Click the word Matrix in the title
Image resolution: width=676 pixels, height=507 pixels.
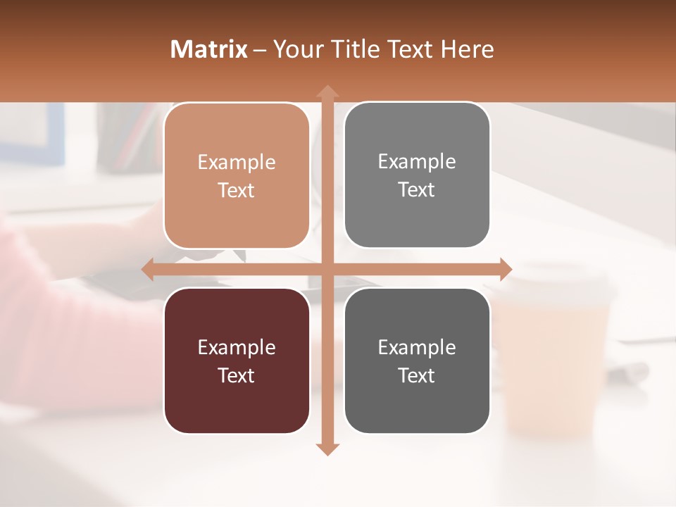pyautogui.click(x=208, y=49)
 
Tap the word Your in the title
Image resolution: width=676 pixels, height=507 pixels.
pyautogui.click(x=296, y=49)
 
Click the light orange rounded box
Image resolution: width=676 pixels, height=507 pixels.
pyautogui.click(x=237, y=175)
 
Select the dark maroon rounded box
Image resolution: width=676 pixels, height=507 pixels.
pyautogui.click(x=237, y=361)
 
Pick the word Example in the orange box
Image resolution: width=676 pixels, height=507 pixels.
pyautogui.click(x=237, y=163)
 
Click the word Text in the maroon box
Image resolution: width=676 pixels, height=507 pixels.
pyautogui.click(x=237, y=375)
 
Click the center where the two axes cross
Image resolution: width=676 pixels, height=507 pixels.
pyautogui.click(x=326, y=269)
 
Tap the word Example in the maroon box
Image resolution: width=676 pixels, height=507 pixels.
pyautogui.click(x=237, y=347)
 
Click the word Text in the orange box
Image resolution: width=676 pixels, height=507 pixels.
pyautogui.click(x=237, y=190)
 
